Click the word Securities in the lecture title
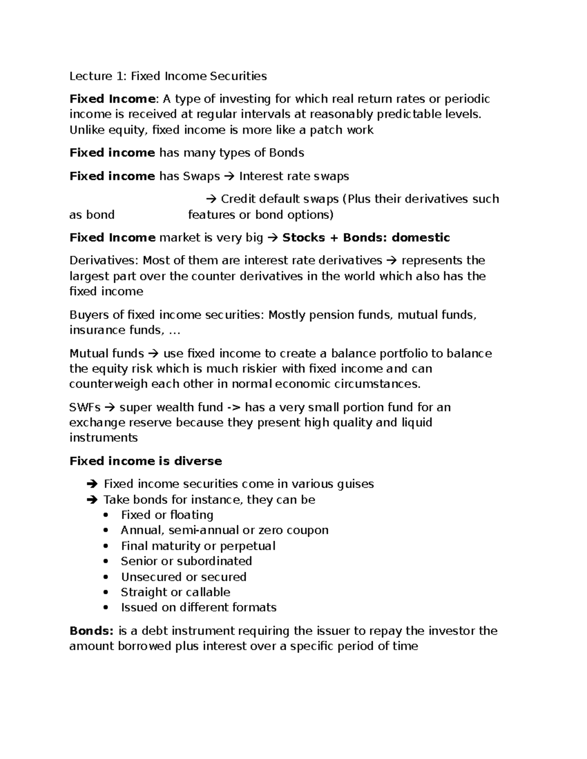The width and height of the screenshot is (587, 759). (x=238, y=76)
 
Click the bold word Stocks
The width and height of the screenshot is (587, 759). (x=303, y=238)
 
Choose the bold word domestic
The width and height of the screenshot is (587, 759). (x=421, y=238)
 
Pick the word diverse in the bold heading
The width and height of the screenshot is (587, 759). (x=197, y=461)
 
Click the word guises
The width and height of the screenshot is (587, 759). (x=356, y=484)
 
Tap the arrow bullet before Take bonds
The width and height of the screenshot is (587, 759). (x=91, y=499)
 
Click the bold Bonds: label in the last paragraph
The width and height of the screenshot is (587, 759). (x=91, y=630)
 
